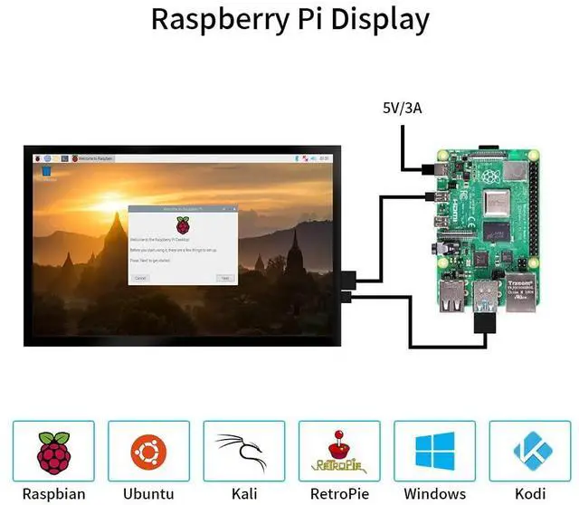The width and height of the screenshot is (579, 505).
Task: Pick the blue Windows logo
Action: coord(434,450)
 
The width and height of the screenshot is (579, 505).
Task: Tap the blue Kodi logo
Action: coord(530,450)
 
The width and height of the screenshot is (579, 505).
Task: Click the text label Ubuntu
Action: coord(148,494)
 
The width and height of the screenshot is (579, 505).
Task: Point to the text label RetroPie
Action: coord(339,494)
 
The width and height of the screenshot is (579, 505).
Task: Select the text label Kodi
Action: coord(530,494)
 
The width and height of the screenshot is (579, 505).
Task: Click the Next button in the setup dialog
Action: coord(225,278)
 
